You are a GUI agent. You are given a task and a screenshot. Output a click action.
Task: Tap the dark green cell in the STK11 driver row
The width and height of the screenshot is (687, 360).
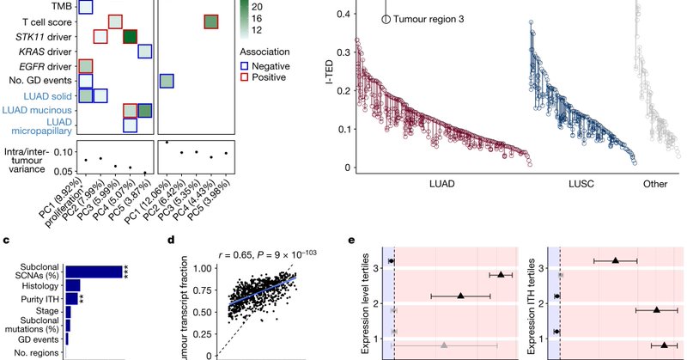[x=130, y=37]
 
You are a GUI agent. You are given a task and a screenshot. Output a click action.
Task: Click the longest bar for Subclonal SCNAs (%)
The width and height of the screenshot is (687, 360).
[x=94, y=272]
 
